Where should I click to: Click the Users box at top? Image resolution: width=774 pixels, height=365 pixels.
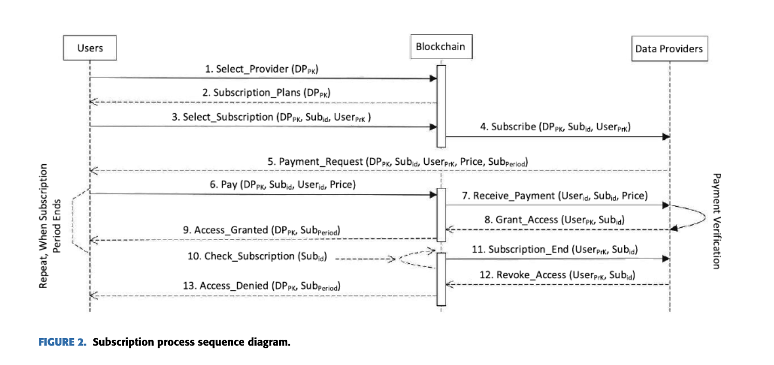point(90,48)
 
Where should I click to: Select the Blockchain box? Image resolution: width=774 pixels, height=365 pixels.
point(440,47)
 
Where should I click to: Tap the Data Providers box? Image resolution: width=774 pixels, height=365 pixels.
point(669,48)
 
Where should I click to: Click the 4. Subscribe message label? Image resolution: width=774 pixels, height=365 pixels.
point(555,128)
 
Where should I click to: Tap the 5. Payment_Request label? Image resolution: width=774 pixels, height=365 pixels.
point(398,162)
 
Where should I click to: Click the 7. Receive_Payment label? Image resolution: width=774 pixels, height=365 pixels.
point(555,196)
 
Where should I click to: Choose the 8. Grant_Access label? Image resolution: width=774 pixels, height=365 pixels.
point(555,220)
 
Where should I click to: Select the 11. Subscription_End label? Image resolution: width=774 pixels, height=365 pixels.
point(555,250)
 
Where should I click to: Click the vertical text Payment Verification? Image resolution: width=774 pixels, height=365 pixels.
point(716,221)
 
